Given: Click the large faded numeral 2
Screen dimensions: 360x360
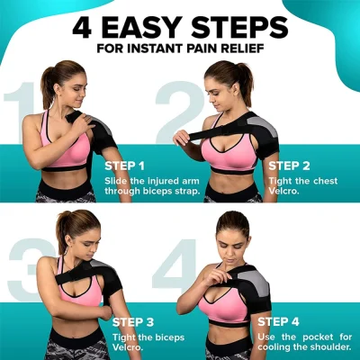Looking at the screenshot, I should pos(175,112).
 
